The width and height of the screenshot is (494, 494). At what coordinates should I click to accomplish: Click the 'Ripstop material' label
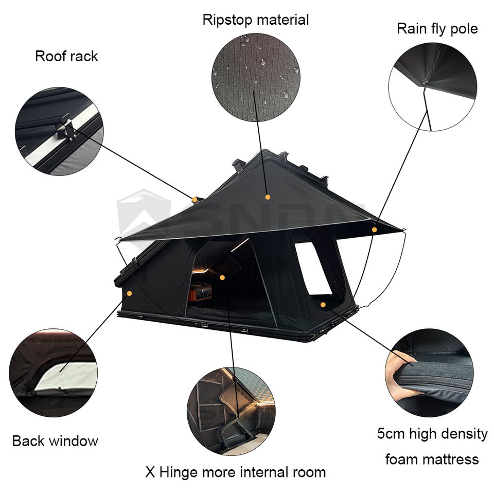pos(256,20)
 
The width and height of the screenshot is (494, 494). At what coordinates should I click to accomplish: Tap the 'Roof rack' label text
pos(66,56)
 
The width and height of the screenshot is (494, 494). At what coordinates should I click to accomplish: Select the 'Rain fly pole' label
pos(437,29)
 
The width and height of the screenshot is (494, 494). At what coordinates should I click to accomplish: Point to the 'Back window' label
pos(55,441)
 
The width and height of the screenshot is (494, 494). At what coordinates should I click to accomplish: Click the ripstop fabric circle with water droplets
pos(256,77)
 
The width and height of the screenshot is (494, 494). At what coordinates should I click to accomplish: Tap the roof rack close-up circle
pos(59,131)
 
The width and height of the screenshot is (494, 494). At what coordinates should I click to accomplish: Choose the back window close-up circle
pos(53,373)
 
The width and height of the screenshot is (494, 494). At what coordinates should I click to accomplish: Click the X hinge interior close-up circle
pos(231,411)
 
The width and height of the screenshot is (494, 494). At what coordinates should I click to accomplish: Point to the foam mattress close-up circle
pos(429,373)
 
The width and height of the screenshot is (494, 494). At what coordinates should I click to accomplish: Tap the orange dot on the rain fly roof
pos(268,197)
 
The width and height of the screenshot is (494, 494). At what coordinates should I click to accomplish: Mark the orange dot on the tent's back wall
pos(129,293)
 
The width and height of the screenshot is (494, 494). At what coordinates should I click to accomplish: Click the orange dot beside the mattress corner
pos(323,305)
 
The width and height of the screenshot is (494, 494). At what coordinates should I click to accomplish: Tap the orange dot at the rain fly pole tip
pos(375,230)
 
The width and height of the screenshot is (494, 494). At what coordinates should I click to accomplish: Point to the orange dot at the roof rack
pos(195,199)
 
